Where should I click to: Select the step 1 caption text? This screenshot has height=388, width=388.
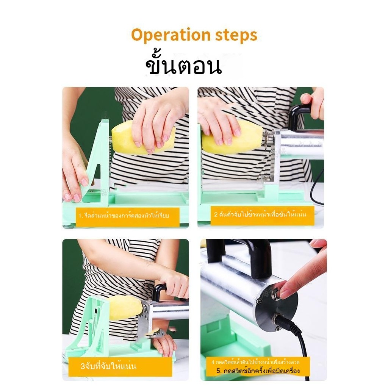pyautogui.click(x=124, y=216)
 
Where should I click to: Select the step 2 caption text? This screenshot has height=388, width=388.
pyautogui.click(x=260, y=214)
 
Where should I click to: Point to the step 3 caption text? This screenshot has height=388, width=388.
pyautogui.click(x=108, y=366)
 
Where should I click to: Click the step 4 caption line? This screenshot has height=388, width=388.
pyautogui.click(x=255, y=362)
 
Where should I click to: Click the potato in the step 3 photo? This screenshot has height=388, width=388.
pyautogui.click(x=126, y=308)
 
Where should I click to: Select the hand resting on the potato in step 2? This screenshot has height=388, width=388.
pyautogui.click(x=219, y=121)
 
